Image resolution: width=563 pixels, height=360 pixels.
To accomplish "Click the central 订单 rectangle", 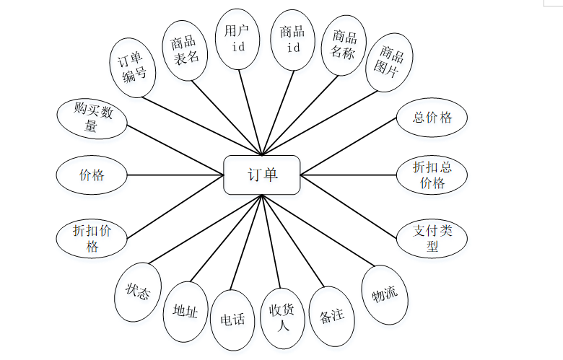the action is pyautogui.click(x=261, y=175).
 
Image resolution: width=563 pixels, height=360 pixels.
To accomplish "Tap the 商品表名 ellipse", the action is pyautogui.click(x=186, y=51).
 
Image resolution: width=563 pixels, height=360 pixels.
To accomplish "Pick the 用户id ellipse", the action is pyautogui.click(x=238, y=39).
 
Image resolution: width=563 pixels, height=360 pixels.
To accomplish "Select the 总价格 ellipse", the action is pyautogui.click(x=432, y=118).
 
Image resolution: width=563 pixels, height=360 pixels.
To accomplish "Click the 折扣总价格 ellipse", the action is pyautogui.click(x=432, y=175).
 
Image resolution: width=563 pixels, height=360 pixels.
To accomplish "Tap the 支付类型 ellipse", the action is pyautogui.click(x=432, y=237).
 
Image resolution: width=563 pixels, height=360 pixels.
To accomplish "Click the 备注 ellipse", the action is pyautogui.click(x=332, y=316).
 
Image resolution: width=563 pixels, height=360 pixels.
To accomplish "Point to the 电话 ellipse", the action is pyautogui.click(x=232, y=318).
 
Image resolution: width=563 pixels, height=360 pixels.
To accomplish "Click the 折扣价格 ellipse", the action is pyautogui.click(x=92, y=237).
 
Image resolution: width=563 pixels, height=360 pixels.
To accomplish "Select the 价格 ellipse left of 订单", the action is pyautogui.click(x=92, y=175).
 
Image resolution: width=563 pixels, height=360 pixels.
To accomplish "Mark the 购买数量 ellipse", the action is pyautogui.click(x=92, y=118).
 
